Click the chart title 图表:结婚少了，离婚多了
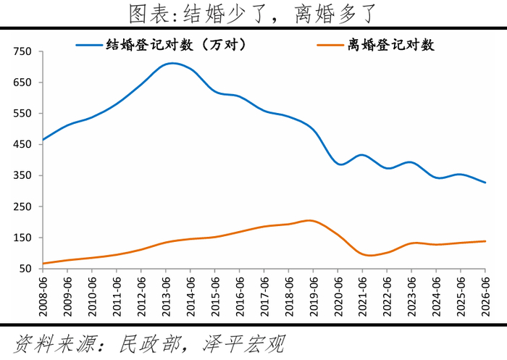(x=253, y=14)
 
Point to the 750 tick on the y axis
(x=22, y=51)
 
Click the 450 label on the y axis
(x=22, y=144)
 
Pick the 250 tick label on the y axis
(x=22, y=206)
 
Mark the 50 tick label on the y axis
(x=25, y=269)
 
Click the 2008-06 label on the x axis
(x=43, y=296)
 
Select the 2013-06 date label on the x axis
(x=166, y=296)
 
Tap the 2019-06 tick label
(x=313, y=296)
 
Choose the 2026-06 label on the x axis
(x=485, y=296)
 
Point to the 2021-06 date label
(x=362, y=296)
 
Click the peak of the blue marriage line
(x=172, y=64)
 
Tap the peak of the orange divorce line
(x=309, y=221)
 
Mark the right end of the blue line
(x=485, y=183)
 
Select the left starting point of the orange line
(x=43, y=263)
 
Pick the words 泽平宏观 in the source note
(x=244, y=344)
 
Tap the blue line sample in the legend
(x=89, y=45)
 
